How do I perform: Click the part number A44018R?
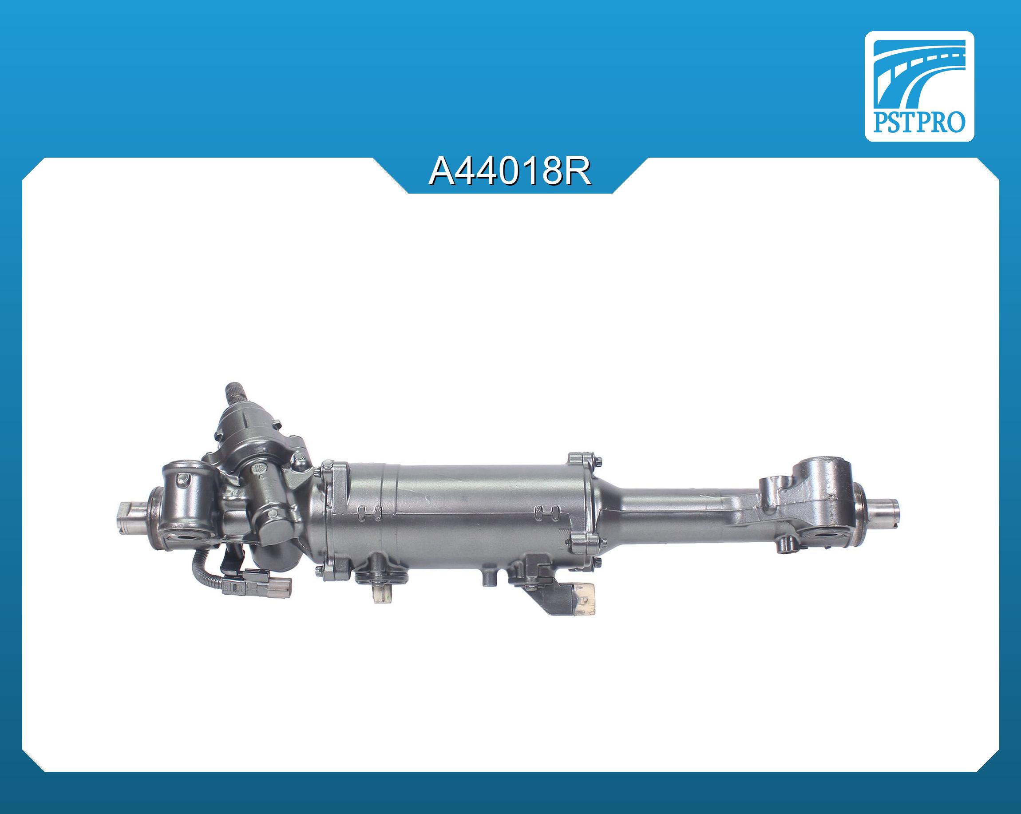click(510, 172)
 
